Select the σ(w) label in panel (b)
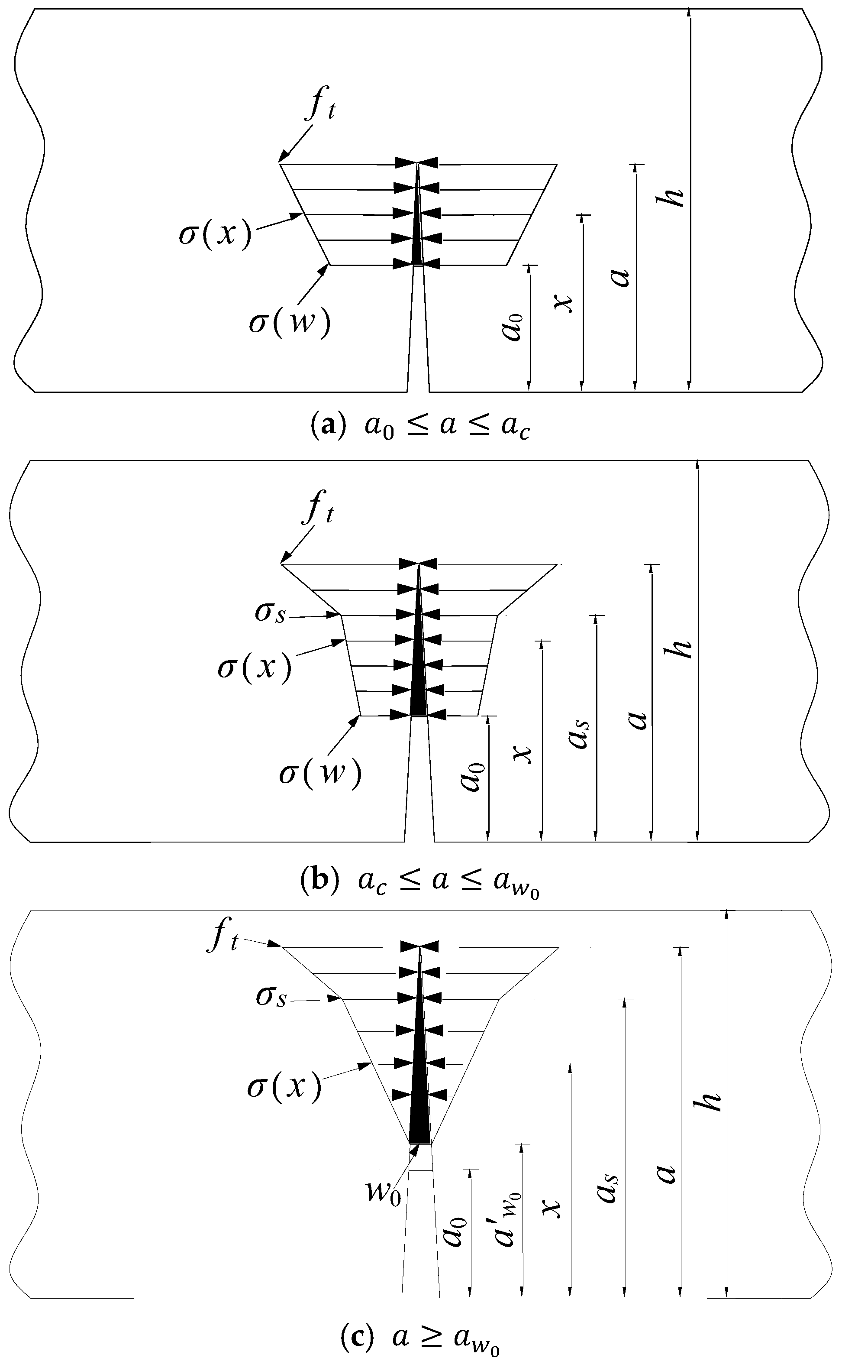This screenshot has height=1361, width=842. pos(320,773)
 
